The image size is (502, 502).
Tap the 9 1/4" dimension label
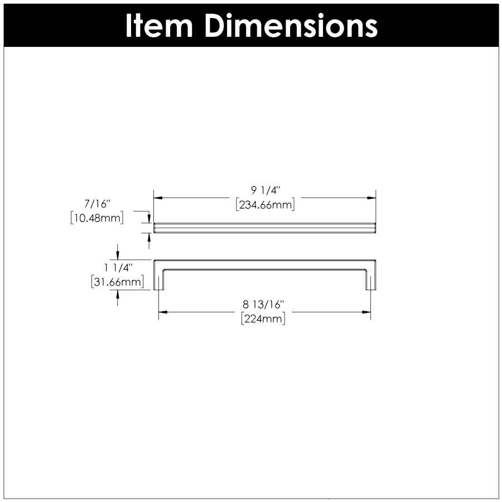(264, 192)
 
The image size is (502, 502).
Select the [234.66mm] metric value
(265, 205)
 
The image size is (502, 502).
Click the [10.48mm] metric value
(97, 218)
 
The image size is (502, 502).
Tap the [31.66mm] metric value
(121, 282)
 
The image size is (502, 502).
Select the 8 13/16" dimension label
(264, 305)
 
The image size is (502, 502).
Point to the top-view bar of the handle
(265, 227)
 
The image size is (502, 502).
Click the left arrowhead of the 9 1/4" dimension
(158, 198)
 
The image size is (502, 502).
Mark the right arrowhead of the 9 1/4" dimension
(371, 198)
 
